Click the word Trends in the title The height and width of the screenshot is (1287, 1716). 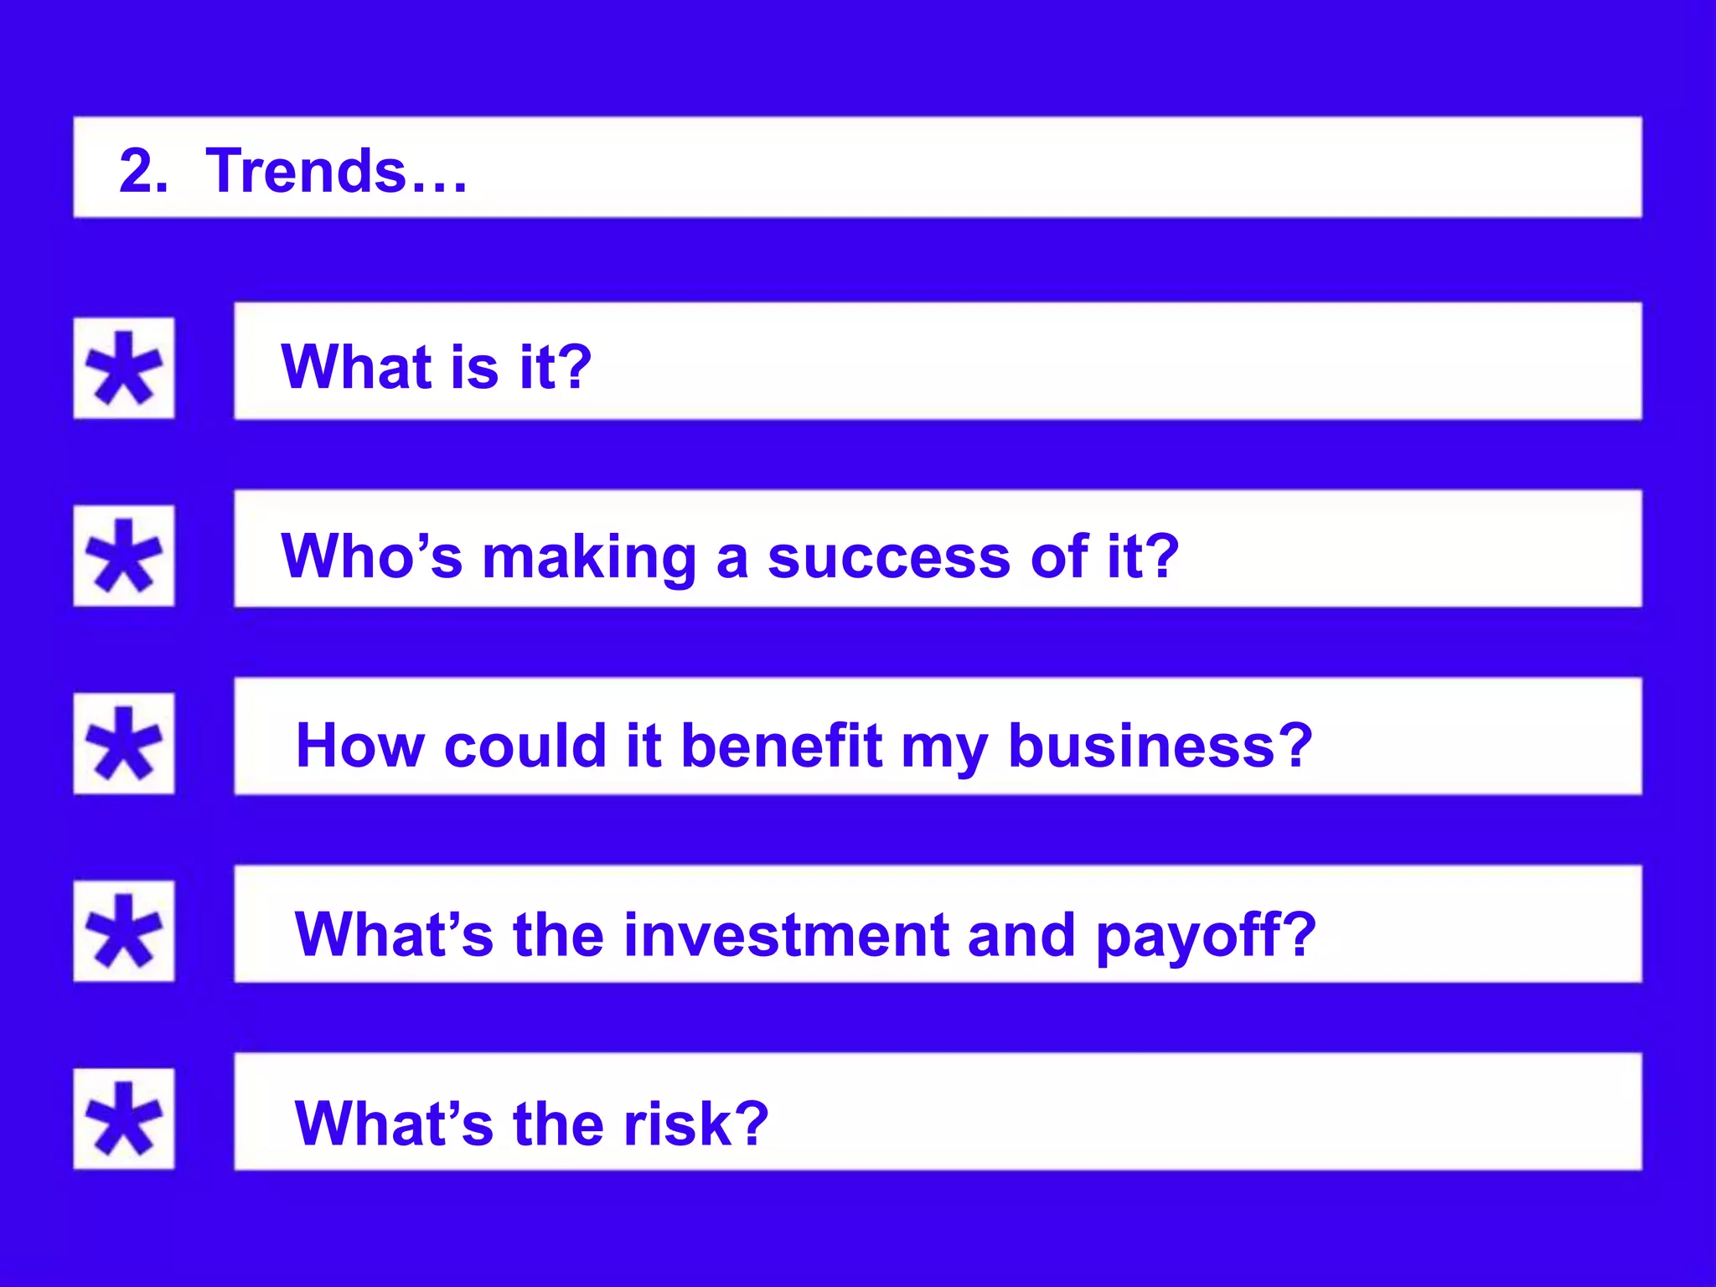[x=306, y=171]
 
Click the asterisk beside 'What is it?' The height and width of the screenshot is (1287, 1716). [x=124, y=369]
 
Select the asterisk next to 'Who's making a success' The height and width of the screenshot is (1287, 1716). [x=124, y=556]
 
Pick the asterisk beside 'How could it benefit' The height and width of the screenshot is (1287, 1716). [x=124, y=744]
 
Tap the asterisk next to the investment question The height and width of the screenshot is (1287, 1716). [x=124, y=932]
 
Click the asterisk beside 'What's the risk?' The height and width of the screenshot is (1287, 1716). [x=124, y=1119]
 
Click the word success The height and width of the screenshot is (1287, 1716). [x=889, y=558]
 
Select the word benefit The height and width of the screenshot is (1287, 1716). [x=781, y=745]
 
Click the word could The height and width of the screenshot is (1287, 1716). [x=525, y=745]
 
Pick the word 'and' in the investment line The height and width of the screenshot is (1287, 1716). [x=1021, y=935]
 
